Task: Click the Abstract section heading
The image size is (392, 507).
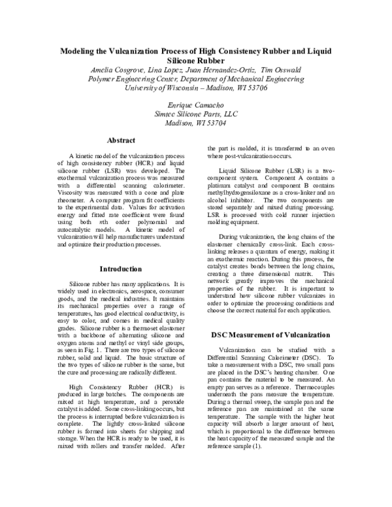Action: coord(122,140)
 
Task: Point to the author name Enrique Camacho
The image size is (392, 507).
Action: coord(196,104)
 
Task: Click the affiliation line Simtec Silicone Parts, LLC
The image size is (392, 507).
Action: coord(196,112)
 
